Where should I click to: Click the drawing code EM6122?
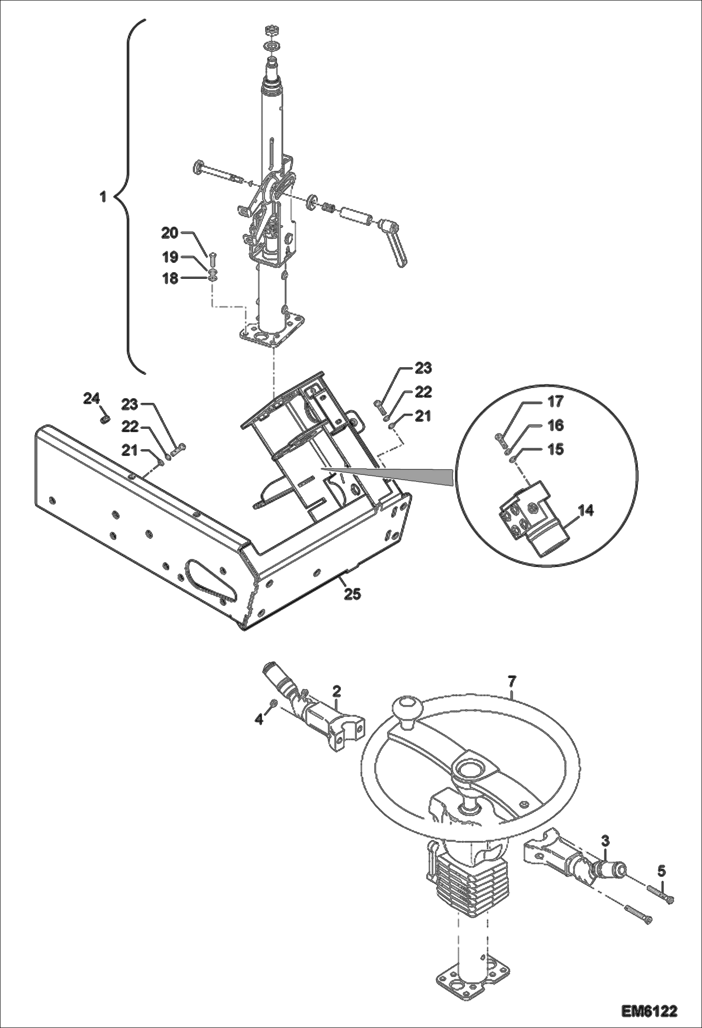650,1009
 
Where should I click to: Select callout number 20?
170,233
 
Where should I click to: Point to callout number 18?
170,278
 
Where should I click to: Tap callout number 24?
91,399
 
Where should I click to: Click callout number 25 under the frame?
352,594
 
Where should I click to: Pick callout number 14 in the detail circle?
586,510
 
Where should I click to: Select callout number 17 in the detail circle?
555,402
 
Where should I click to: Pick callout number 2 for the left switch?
336,691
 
